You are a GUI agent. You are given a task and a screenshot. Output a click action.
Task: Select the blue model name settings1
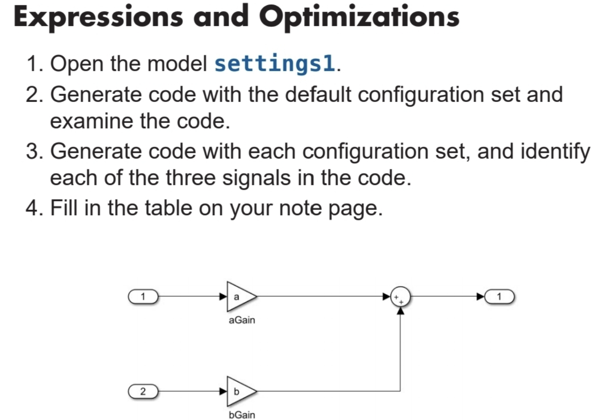275,64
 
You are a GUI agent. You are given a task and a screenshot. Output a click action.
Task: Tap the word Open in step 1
76,64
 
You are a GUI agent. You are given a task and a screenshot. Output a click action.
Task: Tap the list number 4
33,208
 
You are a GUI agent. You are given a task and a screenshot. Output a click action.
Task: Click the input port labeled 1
142,297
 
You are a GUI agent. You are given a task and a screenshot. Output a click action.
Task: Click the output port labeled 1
500,297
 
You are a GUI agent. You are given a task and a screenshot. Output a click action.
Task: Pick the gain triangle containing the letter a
240,297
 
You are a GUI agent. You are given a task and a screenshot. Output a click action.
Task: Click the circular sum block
401,297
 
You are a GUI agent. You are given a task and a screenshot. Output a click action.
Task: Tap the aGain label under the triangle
241,321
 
